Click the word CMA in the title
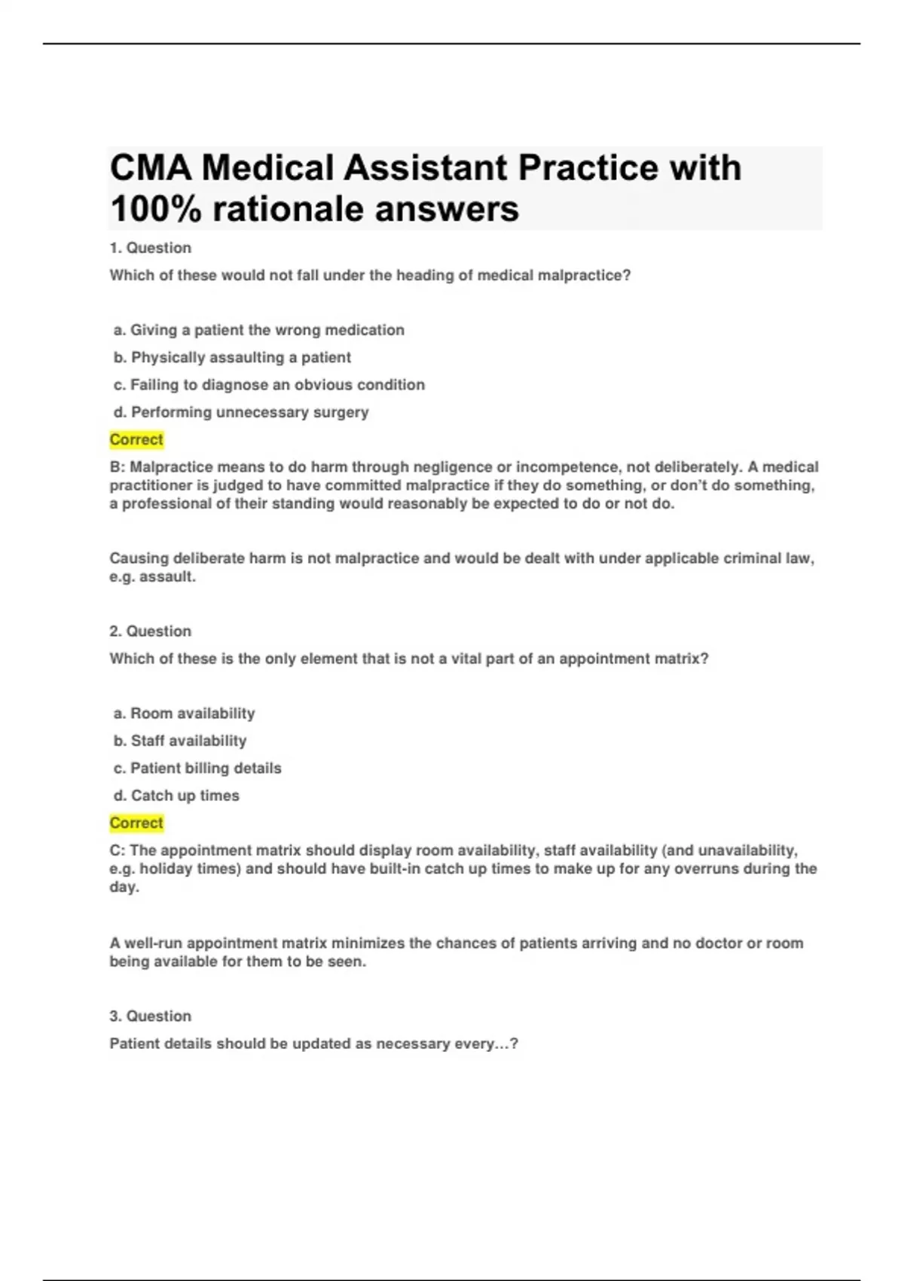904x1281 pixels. [x=151, y=167]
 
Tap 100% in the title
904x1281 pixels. [x=155, y=209]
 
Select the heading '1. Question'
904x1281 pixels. [x=151, y=248]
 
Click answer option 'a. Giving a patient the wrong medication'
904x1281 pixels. [x=259, y=330]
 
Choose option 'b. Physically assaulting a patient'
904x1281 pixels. [x=232, y=357]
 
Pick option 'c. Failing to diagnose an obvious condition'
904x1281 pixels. [x=269, y=385]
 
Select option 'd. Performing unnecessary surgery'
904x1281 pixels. [x=241, y=412]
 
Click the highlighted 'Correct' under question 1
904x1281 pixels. [x=136, y=439]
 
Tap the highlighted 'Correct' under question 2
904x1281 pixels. [x=136, y=823]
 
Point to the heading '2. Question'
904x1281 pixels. [x=151, y=631]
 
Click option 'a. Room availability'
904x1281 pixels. [x=184, y=714]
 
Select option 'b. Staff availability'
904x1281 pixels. [x=180, y=741]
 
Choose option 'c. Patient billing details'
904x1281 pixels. [x=197, y=769]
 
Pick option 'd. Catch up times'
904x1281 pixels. [x=176, y=796]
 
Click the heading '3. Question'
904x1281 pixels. [x=151, y=1017]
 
